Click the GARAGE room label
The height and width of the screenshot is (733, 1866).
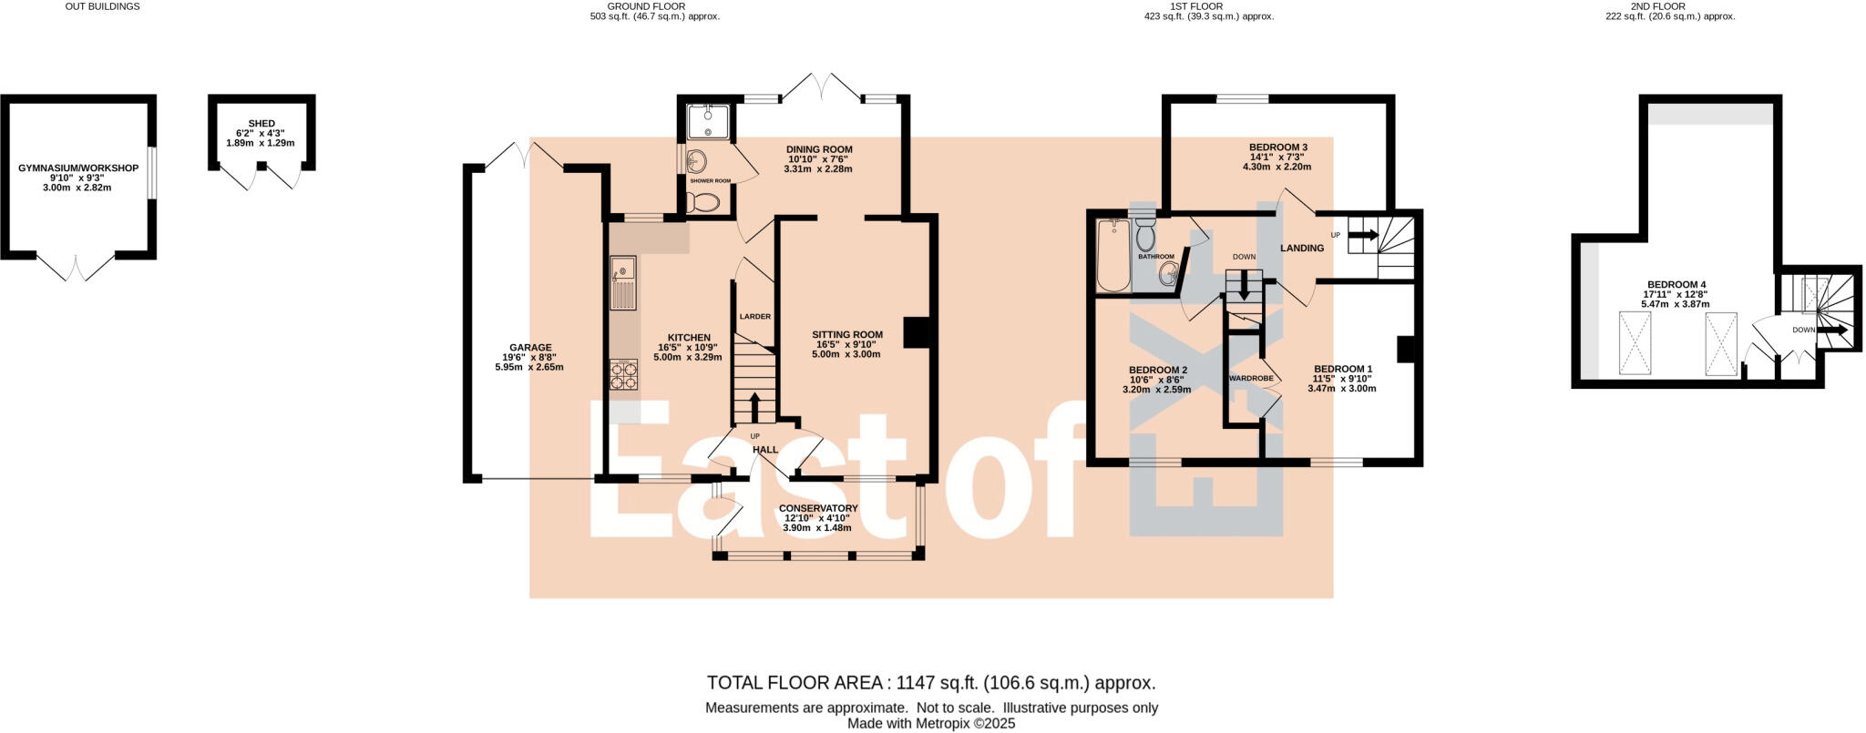530,347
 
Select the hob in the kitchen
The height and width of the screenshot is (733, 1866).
624,374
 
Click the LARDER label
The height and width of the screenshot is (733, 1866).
754,317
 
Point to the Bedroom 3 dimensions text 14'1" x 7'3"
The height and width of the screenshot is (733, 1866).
1277,157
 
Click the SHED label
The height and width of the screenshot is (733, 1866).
261,124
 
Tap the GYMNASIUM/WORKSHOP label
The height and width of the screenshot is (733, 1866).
78,168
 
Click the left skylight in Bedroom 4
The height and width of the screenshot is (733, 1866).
1635,342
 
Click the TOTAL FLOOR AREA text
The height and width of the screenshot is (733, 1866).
931,683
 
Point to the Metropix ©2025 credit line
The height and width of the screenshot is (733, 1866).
931,724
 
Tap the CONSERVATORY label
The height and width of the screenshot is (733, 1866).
817,508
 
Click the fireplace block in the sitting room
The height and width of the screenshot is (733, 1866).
915,332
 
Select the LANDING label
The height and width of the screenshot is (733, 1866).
1301,248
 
